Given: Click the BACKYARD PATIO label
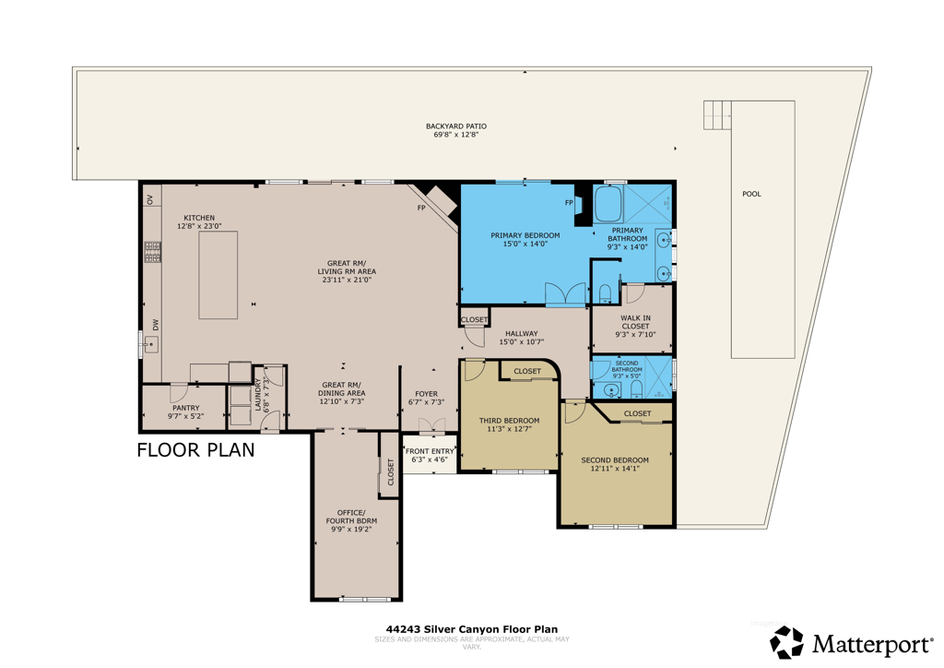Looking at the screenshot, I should click(455, 126).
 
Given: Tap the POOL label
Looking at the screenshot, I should click(751, 195).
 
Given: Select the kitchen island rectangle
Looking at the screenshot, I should click(218, 275).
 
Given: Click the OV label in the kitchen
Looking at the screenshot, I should click(149, 199).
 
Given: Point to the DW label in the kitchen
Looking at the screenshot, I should click(156, 324).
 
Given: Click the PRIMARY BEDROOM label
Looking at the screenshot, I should click(525, 235).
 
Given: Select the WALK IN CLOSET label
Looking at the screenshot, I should click(634, 321).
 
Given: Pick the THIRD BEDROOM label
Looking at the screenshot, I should click(509, 421).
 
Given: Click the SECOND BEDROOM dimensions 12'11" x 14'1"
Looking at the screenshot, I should click(614, 469).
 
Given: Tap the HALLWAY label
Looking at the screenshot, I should click(521, 334).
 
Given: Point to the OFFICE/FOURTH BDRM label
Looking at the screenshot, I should click(350, 517).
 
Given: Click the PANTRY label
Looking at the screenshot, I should click(185, 408).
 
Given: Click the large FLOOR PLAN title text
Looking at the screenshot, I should click(195, 450).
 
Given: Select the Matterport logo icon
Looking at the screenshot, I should click(786, 642).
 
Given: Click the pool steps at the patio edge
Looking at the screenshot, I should click(716, 115).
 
